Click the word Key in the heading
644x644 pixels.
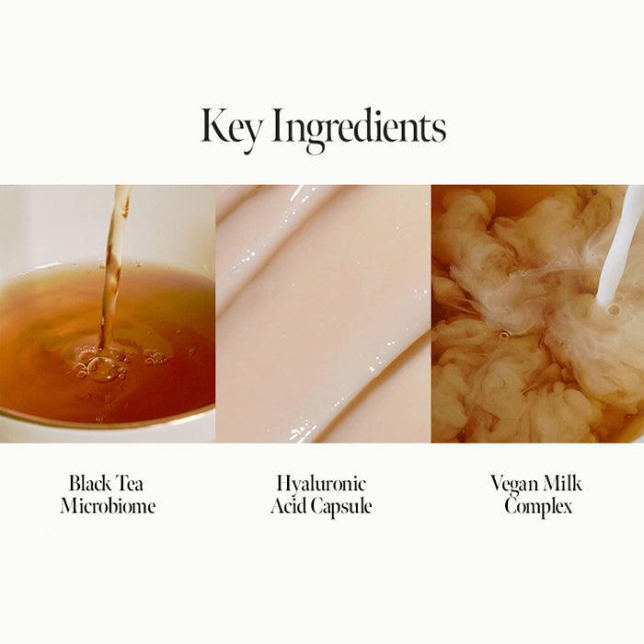coord(230,128)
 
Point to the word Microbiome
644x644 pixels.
coord(108,505)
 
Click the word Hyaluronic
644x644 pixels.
coord(321,485)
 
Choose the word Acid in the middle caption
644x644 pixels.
coord(289,505)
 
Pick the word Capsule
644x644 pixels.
coord(341,507)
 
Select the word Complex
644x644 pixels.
coord(538,507)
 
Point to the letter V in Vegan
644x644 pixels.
coord(498,483)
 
